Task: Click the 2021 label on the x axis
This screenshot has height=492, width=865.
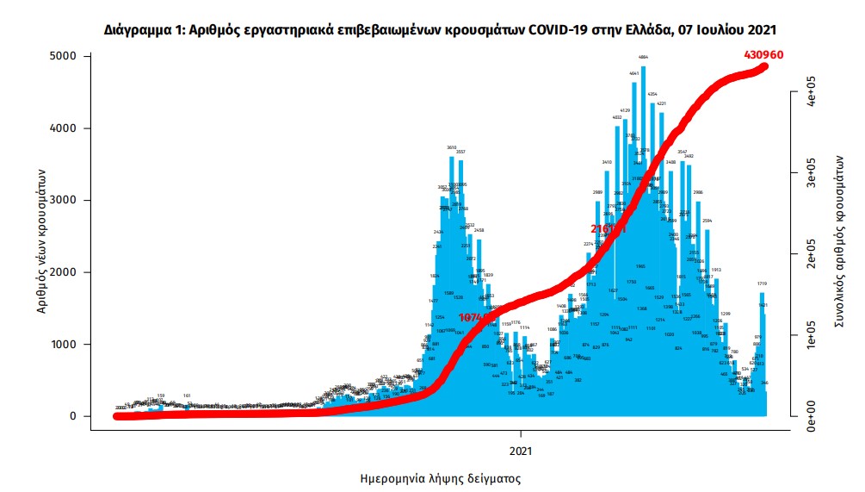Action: click(x=521, y=450)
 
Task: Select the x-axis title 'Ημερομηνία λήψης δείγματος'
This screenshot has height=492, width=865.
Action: click(x=439, y=477)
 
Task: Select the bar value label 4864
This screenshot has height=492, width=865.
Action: click(x=643, y=58)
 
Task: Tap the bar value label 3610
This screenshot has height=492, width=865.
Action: click(x=451, y=147)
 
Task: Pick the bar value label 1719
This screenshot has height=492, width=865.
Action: click(x=762, y=283)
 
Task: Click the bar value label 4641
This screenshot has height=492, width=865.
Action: click(x=634, y=74)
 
